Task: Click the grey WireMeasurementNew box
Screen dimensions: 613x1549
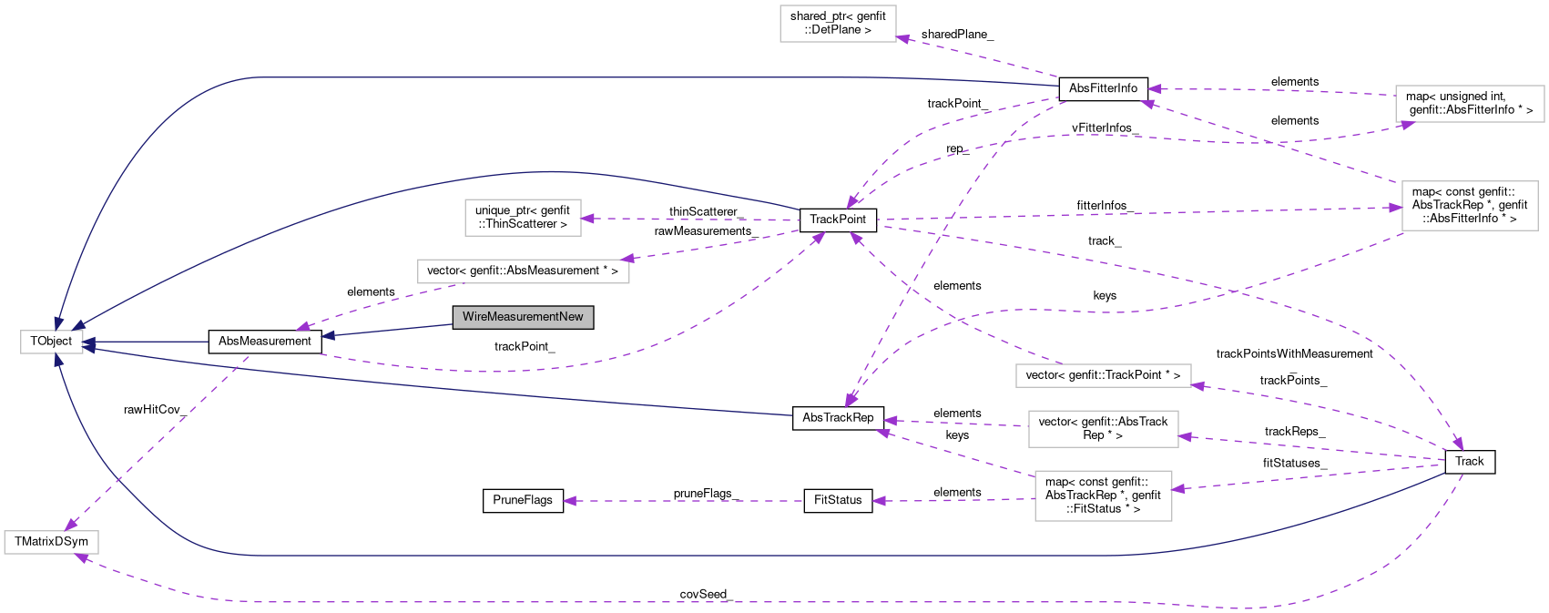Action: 523,317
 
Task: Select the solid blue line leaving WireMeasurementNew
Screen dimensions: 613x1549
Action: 392,330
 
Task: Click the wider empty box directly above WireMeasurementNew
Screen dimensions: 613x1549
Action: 523,271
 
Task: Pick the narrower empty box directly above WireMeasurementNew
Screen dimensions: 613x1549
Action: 523,218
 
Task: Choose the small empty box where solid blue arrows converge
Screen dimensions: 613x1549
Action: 52,342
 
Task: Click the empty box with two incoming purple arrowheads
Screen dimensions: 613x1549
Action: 51,543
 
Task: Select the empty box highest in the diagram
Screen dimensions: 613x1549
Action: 838,24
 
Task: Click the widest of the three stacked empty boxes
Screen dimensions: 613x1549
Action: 1103,375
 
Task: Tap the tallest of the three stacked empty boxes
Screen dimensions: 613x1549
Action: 1103,496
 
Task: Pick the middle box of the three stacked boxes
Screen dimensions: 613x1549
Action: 1103,429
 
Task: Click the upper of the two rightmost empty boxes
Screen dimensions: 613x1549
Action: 1469,104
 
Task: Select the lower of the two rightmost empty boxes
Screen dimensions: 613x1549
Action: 1469,206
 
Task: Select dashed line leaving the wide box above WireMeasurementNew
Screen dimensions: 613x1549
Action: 382,304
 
